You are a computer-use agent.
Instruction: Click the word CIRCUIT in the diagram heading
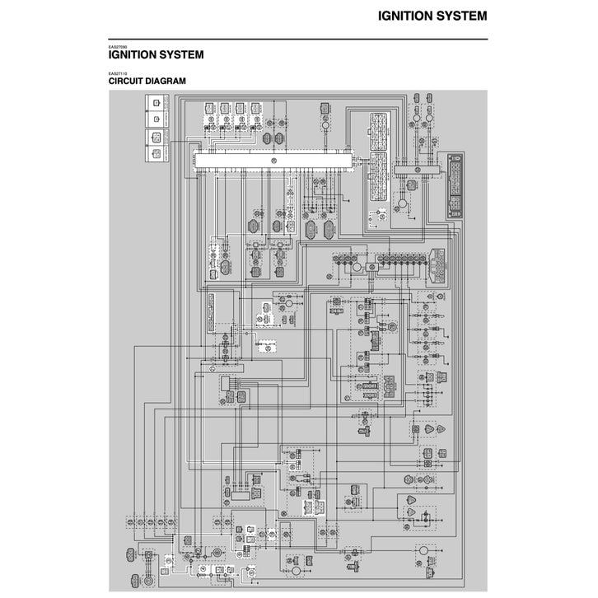click(x=128, y=81)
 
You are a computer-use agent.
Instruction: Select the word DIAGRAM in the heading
click(x=167, y=81)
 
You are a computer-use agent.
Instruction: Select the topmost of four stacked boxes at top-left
click(x=154, y=103)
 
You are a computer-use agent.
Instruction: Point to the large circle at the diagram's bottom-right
click(x=420, y=549)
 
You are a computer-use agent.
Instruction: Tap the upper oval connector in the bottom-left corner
click(x=133, y=552)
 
